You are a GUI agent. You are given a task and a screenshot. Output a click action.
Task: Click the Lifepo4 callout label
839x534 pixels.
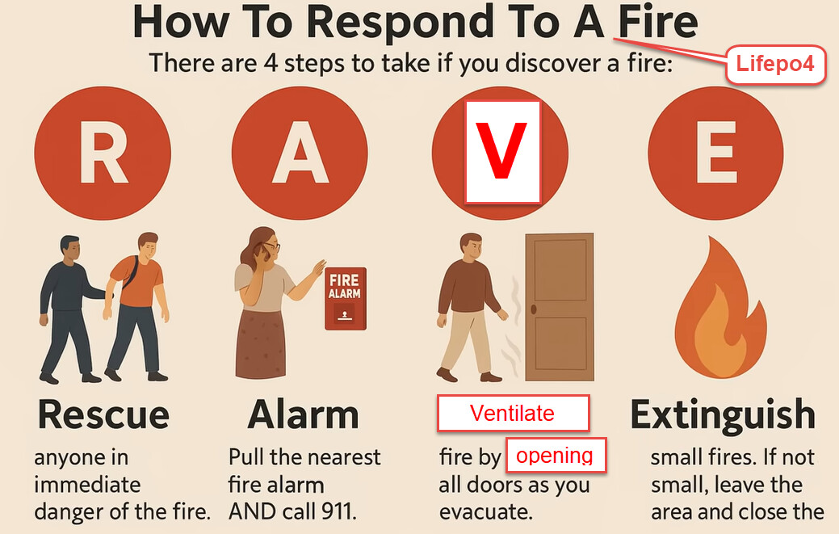pos(775,64)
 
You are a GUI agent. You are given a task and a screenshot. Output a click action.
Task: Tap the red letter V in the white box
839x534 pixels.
pos(501,150)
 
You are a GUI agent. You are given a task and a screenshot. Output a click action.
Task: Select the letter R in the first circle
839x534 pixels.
pos(104,152)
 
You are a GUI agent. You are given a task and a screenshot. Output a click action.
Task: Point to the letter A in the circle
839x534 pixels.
pos(300,152)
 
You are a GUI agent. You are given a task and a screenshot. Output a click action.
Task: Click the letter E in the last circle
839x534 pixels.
pos(716,152)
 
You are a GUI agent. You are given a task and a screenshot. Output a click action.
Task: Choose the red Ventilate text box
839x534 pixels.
pos(513,413)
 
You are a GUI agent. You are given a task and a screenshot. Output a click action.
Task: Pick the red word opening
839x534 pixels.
pos(555,456)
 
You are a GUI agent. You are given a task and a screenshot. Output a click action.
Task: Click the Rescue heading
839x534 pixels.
pos(104,414)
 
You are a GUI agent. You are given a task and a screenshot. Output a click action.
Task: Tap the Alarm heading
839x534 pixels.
pos(304,414)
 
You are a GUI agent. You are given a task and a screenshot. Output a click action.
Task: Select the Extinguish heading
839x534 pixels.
pos(723,414)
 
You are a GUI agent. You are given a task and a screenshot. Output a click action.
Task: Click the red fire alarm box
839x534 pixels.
pos(346,299)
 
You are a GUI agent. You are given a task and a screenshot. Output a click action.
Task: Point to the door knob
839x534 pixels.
pos(534,309)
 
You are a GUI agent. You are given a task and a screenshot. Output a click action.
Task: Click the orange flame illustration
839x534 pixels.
pos(720,309)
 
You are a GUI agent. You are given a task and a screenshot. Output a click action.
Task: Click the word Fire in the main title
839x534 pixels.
pos(658,23)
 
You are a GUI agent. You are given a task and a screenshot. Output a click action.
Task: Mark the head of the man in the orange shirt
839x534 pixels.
pos(149,246)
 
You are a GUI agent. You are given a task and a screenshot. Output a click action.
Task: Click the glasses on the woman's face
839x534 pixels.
pos(271,246)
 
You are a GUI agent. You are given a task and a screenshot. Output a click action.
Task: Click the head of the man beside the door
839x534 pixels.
pos(471,247)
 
